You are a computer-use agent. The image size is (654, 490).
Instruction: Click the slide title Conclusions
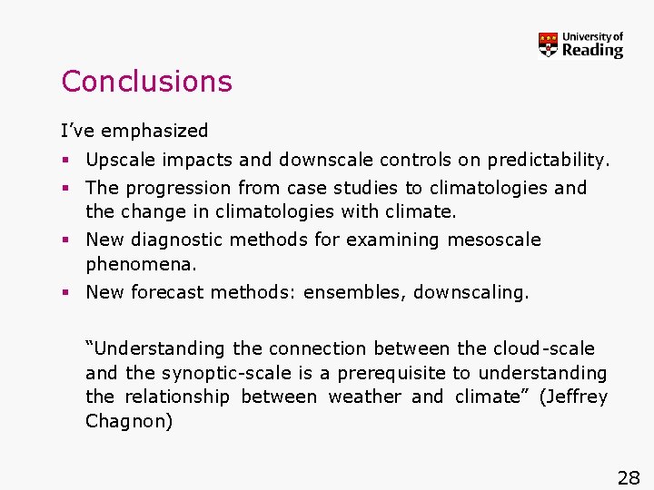pyautogui.click(x=146, y=82)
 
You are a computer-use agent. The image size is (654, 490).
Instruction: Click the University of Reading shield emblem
pyautogui.click(x=548, y=44)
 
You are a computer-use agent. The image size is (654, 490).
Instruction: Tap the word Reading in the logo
pyautogui.click(x=592, y=51)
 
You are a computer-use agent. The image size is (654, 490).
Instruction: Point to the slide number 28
pyautogui.click(x=629, y=478)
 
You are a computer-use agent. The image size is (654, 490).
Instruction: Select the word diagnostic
pyautogui.click(x=179, y=240)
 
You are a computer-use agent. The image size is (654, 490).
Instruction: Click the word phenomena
pyautogui.click(x=141, y=265)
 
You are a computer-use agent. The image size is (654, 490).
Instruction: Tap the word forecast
pyautogui.click(x=166, y=292)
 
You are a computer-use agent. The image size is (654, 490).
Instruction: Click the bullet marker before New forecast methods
pyautogui.click(x=65, y=292)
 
